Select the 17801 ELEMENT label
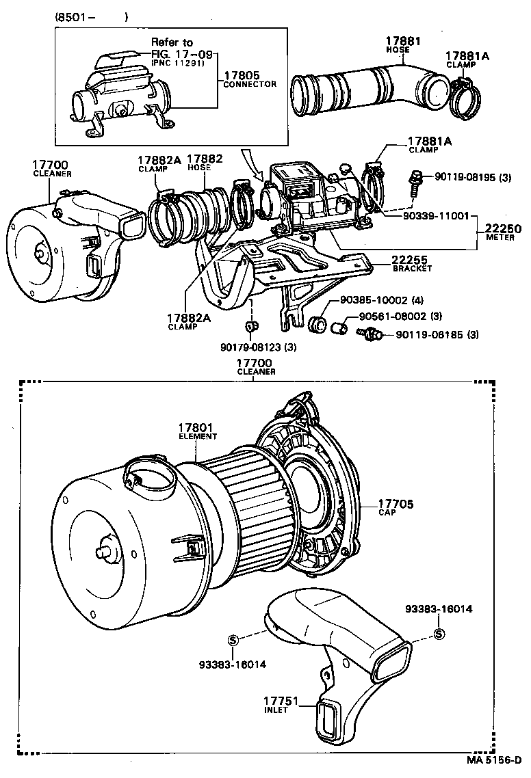[198, 431]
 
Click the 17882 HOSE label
[205, 163]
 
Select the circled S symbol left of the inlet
[233, 640]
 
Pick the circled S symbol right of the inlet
[439, 634]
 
